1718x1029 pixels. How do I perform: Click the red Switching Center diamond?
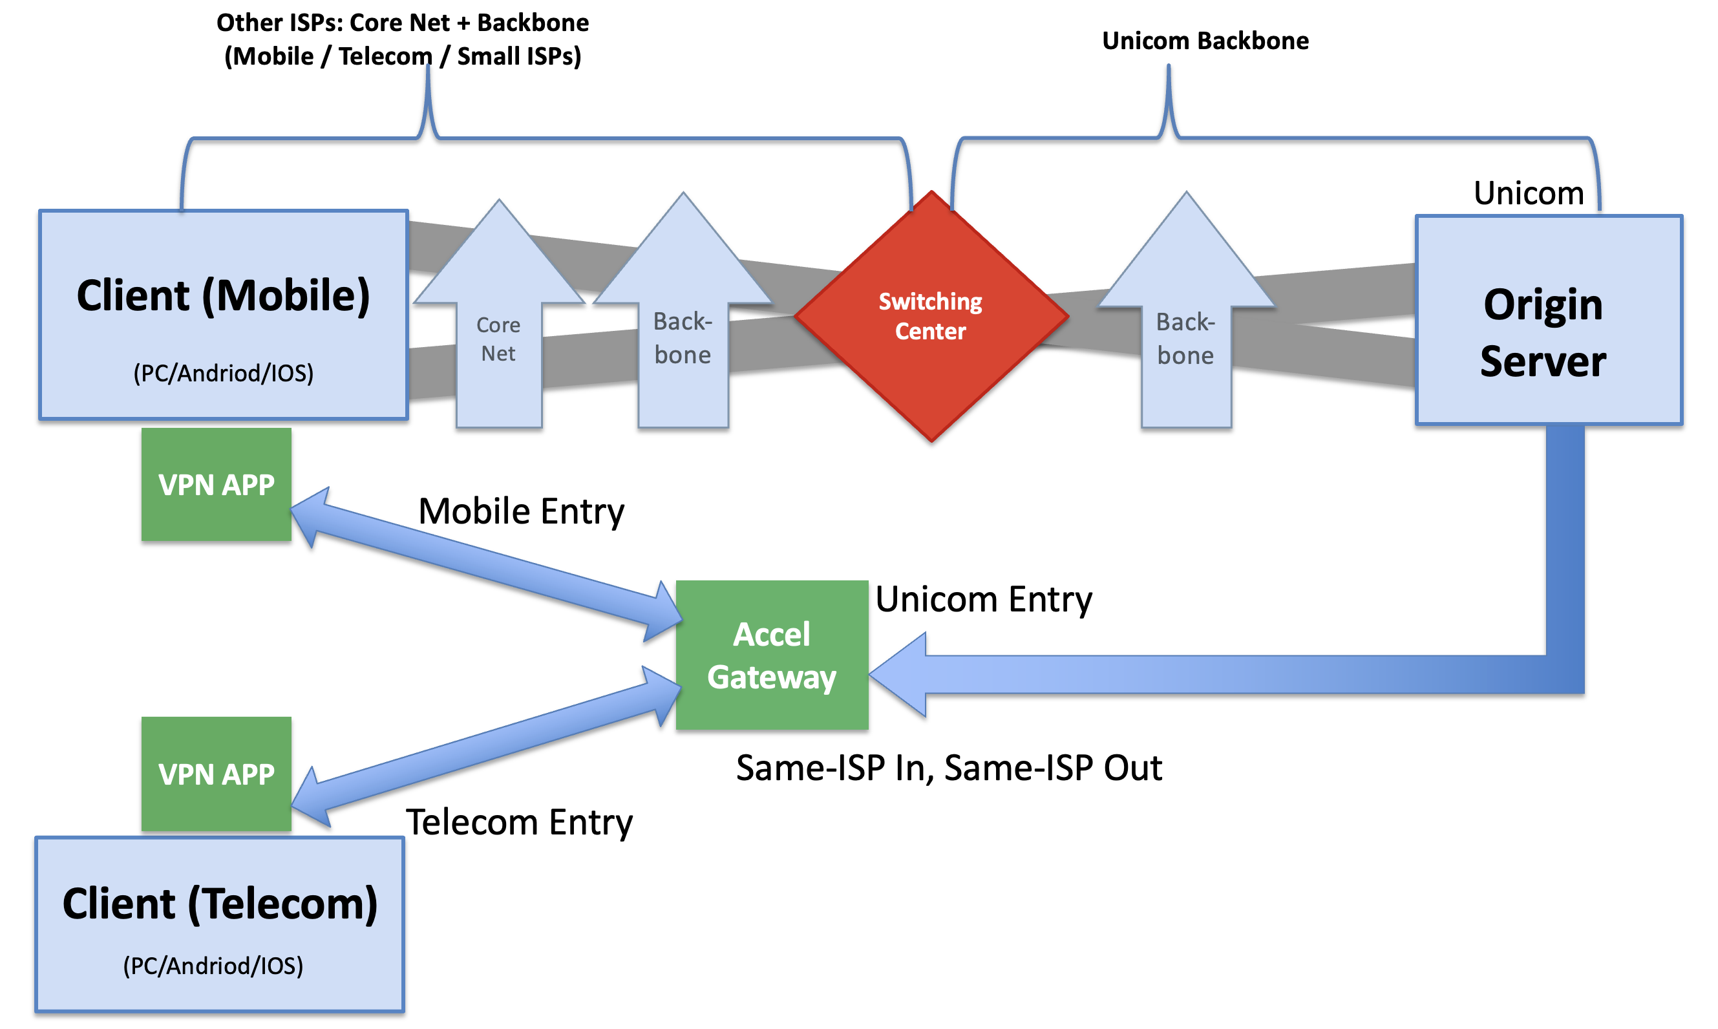pos(931,316)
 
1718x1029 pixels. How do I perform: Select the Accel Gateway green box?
pos(772,655)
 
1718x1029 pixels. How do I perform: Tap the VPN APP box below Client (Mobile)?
pos(217,484)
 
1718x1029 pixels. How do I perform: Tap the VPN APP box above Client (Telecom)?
pos(217,774)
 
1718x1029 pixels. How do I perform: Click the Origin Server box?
pos(1549,320)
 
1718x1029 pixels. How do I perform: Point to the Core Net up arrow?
pos(498,313)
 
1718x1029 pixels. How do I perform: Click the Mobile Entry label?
pos(522,512)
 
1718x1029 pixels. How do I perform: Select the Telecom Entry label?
pos(519,822)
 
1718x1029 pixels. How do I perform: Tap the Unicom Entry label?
pos(984,599)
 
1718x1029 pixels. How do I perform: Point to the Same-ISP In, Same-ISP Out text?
pos(949,769)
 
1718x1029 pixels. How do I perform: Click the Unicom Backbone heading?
pos(1205,41)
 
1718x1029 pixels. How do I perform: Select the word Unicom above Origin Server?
pos(1529,193)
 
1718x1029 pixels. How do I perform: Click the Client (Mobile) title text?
pos(223,297)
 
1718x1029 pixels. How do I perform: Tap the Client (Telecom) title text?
pos(220,904)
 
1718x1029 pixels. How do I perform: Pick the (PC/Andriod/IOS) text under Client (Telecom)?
pos(213,966)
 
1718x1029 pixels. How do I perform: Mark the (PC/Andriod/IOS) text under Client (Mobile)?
pos(223,373)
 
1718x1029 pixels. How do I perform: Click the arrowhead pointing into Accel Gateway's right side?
pos(898,674)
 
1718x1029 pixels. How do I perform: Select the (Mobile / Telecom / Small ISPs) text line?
pos(403,56)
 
